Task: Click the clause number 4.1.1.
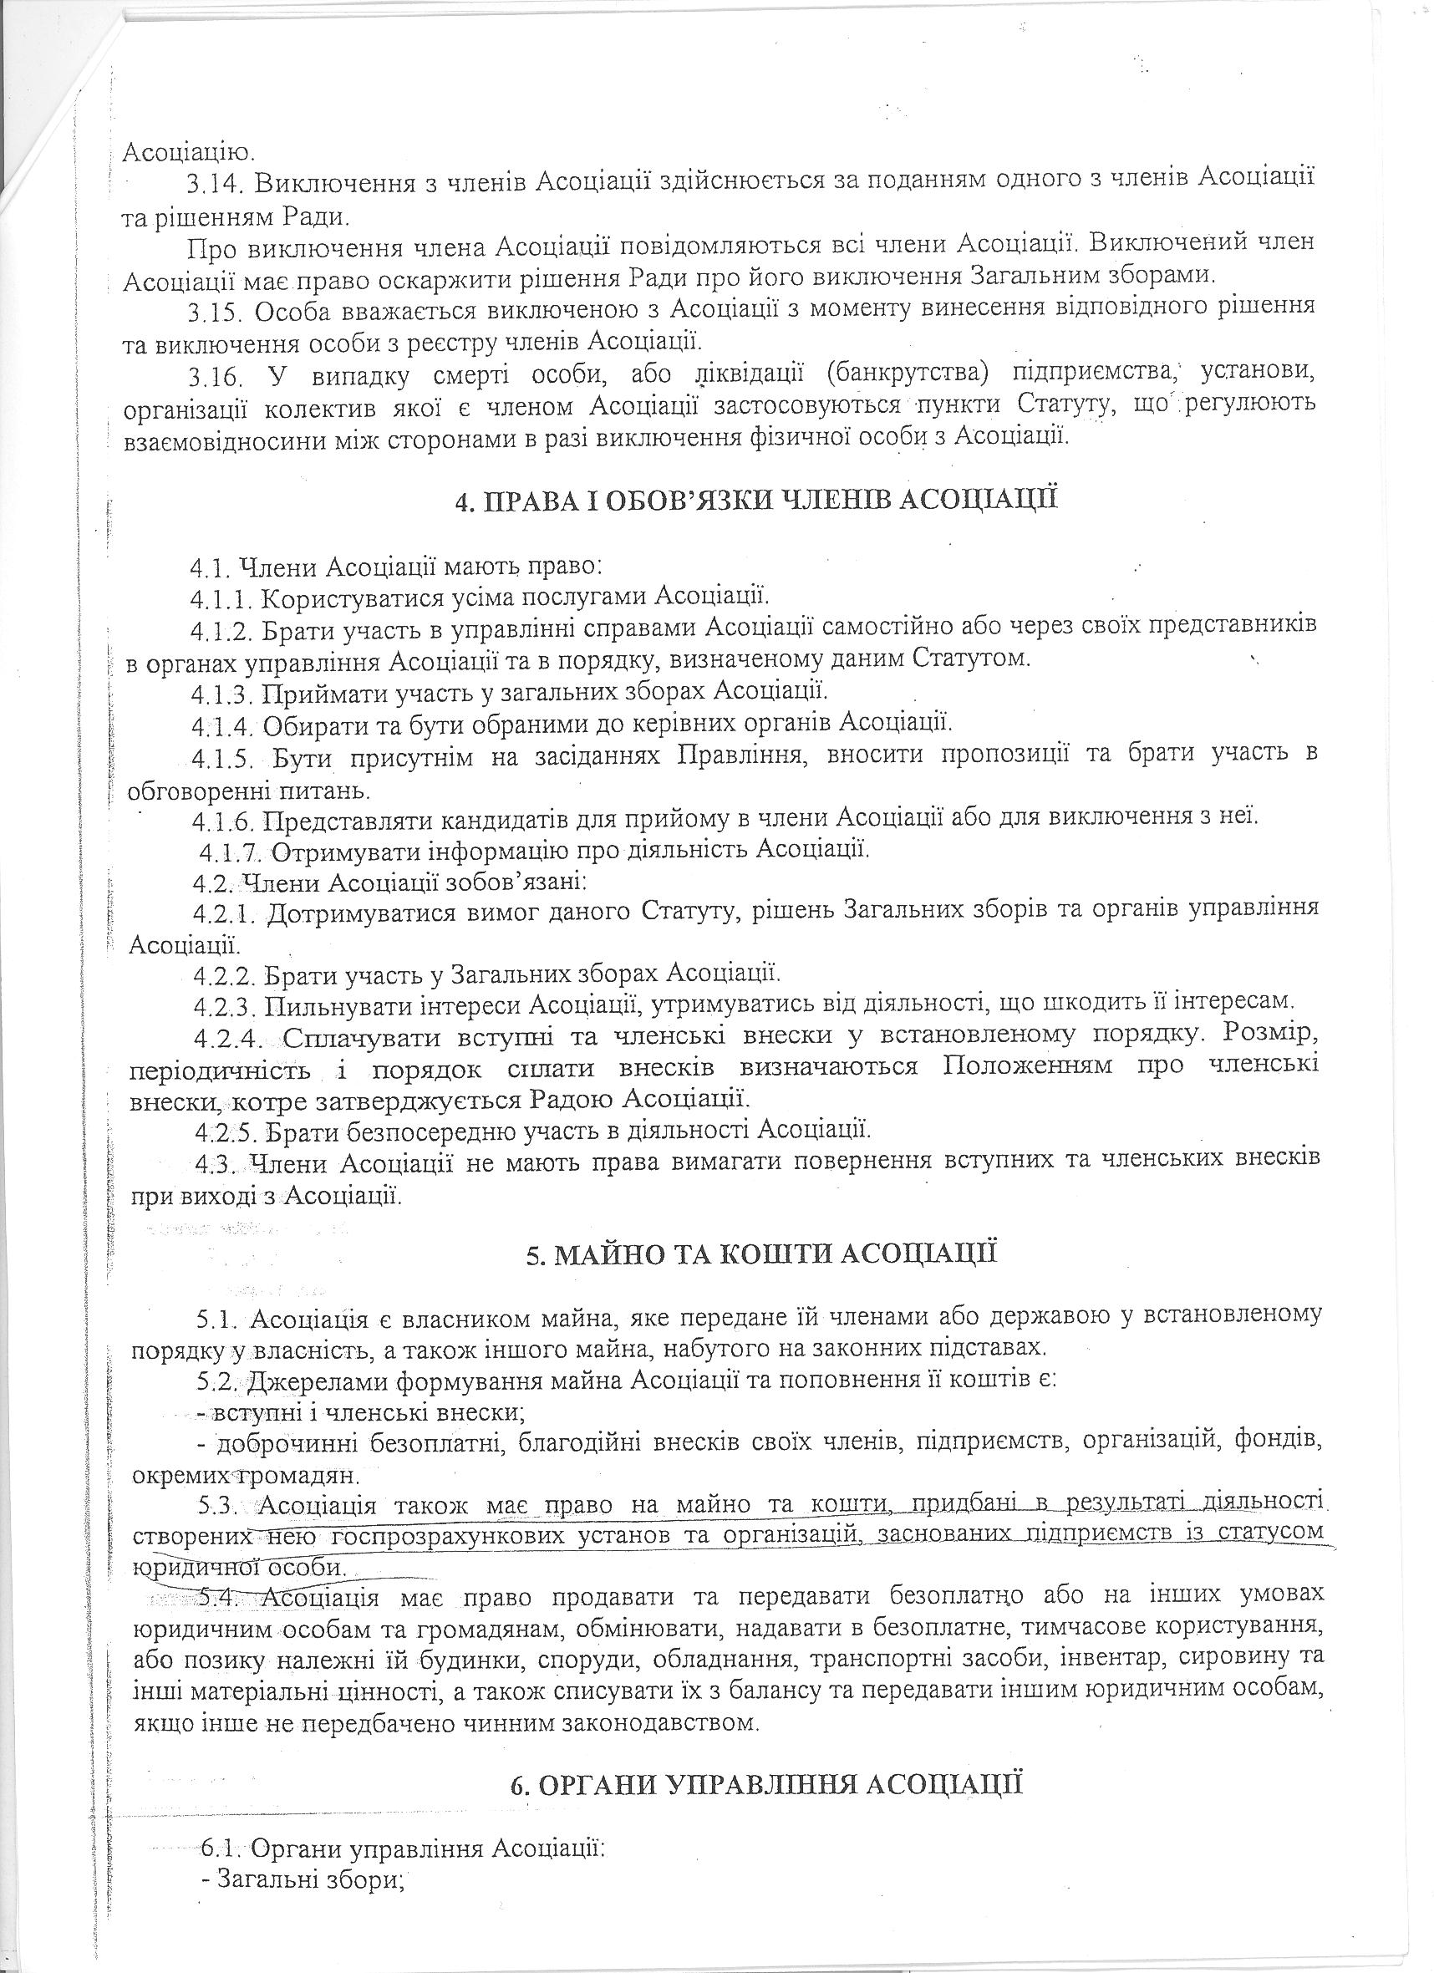223,597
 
